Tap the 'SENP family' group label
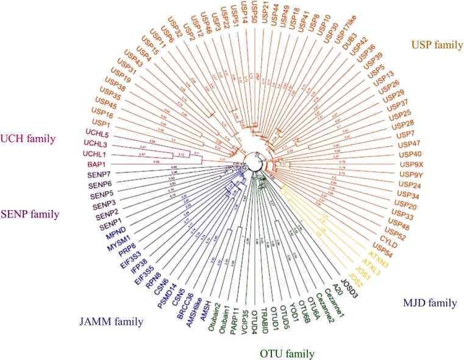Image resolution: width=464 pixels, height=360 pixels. tap(30, 214)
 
